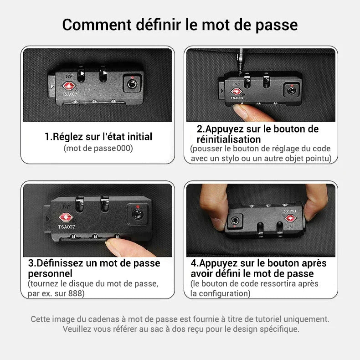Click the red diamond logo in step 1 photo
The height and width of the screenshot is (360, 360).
[69, 86]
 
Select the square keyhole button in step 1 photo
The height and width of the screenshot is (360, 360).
[132, 84]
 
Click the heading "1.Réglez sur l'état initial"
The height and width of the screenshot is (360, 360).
[98, 136]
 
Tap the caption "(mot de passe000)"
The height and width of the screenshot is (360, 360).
[98, 148]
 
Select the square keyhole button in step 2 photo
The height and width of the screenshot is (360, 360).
[290, 90]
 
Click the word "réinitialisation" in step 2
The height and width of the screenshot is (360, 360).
[229, 139]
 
